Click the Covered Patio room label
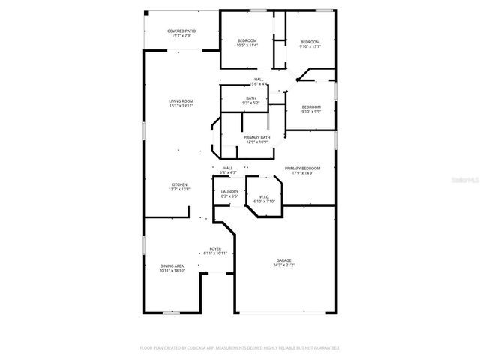click(x=181, y=31)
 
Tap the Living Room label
click(x=181, y=101)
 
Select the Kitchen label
click(x=178, y=184)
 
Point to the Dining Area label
click(x=172, y=265)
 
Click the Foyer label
click(x=215, y=248)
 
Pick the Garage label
click(x=284, y=259)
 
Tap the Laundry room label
click(x=229, y=191)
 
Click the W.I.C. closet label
click(x=263, y=197)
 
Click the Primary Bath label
click(x=256, y=137)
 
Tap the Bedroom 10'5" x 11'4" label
click(x=247, y=40)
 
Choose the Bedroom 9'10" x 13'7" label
click(x=310, y=42)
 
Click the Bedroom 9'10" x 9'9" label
click(x=311, y=106)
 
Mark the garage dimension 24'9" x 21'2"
click(x=284, y=265)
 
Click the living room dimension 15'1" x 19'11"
click(x=181, y=106)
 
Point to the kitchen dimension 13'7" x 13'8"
click(x=178, y=190)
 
